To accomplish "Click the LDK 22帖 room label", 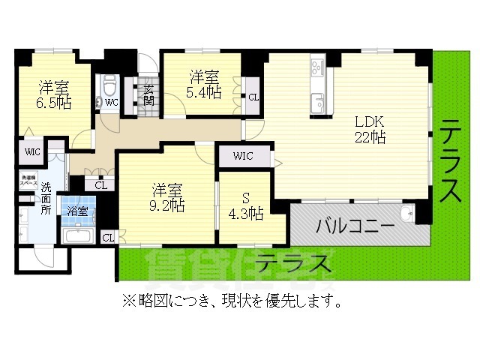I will (x=370, y=129).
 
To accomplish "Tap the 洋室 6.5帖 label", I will (x=54, y=94).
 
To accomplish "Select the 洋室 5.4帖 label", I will (x=204, y=83).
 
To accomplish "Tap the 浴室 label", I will (x=77, y=212).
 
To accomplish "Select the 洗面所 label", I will (x=46, y=199).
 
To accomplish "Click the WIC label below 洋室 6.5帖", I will (x=33, y=151).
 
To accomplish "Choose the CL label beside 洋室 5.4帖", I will (x=253, y=95).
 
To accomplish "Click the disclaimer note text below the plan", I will (x=232, y=301).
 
